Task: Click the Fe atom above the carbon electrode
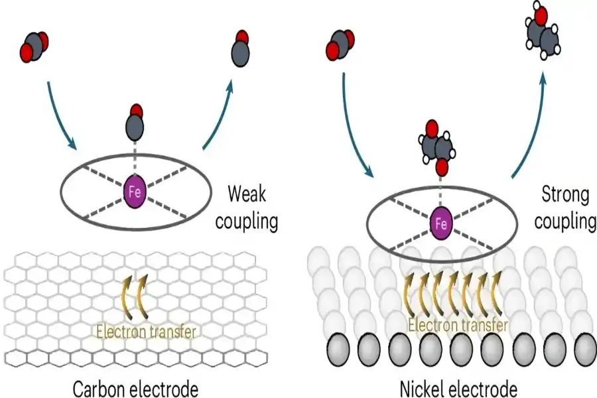point(135,193)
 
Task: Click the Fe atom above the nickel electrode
point(440,225)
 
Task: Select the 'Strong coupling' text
point(566,208)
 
